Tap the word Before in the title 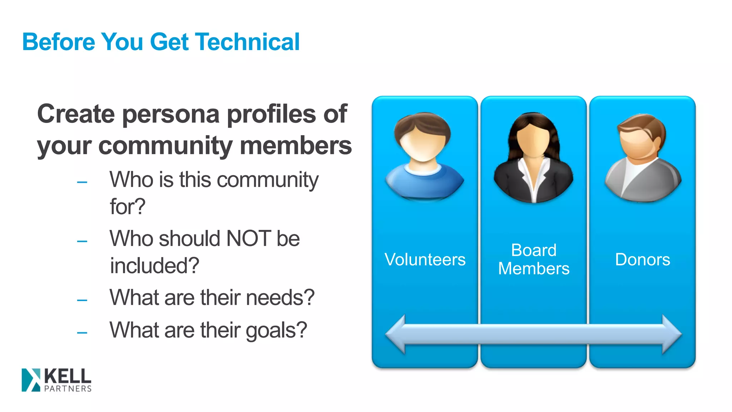(59, 42)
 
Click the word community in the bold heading (165, 146)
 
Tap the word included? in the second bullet (154, 266)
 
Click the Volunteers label (425, 259)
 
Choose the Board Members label (534, 259)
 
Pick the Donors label (642, 259)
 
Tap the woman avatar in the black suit (533, 157)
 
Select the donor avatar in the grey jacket (643, 157)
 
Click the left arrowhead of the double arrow (396, 334)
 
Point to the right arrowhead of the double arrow (671, 334)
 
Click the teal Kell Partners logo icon (31, 380)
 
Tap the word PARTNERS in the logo (68, 389)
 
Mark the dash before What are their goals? (82, 333)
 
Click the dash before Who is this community (82, 182)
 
